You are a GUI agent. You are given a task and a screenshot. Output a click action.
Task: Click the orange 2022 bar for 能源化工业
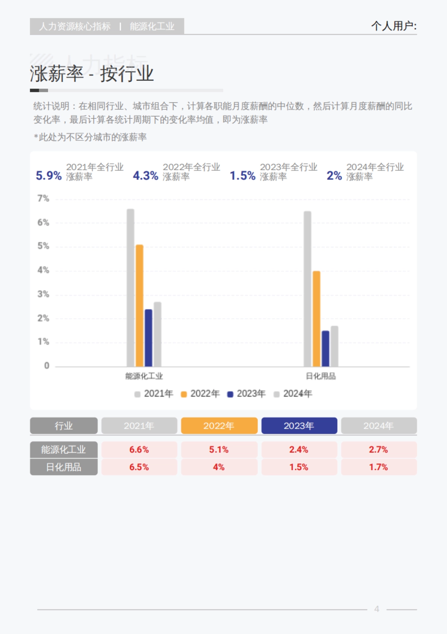click(x=139, y=305)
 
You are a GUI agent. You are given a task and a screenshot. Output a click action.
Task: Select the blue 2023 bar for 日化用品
click(x=325, y=349)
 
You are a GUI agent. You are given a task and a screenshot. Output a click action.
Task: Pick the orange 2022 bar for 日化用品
click(x=316, y=319)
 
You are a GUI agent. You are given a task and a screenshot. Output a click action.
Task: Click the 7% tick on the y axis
click(x=43, y=199)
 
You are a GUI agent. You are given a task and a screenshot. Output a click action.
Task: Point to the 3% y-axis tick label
click(x=43, y=294)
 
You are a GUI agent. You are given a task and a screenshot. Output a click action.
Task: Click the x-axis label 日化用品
click(x=321, y=376)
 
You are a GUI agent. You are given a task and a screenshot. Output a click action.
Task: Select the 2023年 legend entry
click(x=247, y=394)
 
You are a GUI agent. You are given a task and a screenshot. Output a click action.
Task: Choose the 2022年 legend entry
click(x=200, y=394)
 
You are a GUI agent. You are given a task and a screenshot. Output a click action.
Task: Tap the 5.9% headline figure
click(x=48, y=175)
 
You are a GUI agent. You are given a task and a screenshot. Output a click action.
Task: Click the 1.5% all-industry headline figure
click(x=242, y=175)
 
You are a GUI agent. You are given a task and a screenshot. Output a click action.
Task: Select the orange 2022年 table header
click(x=219, y=426)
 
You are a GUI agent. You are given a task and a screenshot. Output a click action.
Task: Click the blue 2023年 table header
click(x=299, y=426)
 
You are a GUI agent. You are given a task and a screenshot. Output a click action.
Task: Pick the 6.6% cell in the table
click(x=139, y=450)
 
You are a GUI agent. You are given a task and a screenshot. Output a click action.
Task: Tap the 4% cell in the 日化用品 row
click(x=219, y=467)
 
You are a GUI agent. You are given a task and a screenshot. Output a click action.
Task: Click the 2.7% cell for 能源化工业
click(x=378, y=450)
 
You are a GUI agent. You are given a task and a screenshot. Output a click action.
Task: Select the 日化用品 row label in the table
click(x=64, y=467)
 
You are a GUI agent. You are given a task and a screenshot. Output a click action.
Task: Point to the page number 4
click(x=377, y=609)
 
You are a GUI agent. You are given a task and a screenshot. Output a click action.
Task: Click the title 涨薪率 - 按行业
click(x=92, y=73)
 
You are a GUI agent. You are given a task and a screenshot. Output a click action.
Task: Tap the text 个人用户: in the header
click(x=394, y=26)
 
